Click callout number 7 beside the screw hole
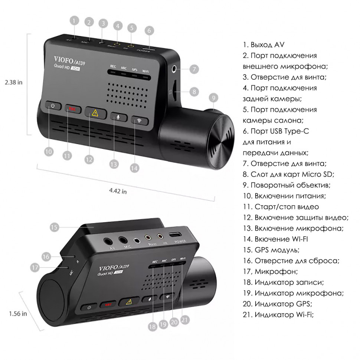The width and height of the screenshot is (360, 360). click(194, 69)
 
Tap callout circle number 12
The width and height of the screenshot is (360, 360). click(89, 159)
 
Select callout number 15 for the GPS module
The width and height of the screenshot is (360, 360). click(55, 227)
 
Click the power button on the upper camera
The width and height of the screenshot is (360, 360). click(53, 106)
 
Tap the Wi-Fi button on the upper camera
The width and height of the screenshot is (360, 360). click(139, 121)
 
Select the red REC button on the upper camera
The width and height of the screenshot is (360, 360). click(72, 109)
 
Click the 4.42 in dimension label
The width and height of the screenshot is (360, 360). click(118, 192)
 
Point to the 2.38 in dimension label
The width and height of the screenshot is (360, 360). click(14, 82)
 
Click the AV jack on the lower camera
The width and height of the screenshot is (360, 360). click(109, 240)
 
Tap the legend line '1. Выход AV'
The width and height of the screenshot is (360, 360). click(264, 45)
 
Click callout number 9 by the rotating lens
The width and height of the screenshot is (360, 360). click(212, 98)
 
